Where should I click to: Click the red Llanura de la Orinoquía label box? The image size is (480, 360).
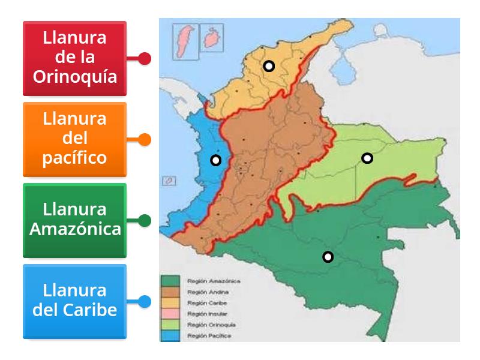coord(74,58)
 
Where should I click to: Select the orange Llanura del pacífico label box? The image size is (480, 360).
coord(74,139)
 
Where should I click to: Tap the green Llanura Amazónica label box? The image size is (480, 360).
coord(74,220)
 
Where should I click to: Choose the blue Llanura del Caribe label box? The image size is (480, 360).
coord(74,301)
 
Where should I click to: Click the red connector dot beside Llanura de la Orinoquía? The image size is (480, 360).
coord(144,58)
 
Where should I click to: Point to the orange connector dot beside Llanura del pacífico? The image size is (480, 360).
coord(144,139)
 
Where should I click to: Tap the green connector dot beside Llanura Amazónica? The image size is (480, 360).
coord(144,220)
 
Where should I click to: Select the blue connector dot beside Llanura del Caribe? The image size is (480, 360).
coord(144,301)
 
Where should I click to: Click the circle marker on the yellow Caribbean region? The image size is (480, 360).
coord(269,66)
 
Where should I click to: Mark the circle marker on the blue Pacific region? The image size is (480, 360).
coord(215,160)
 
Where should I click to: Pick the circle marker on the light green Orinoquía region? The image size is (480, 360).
coord(367,158)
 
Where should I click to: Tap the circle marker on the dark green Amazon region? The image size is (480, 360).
coord(328,257)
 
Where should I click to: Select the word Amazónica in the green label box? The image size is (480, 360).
coord(74,229)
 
